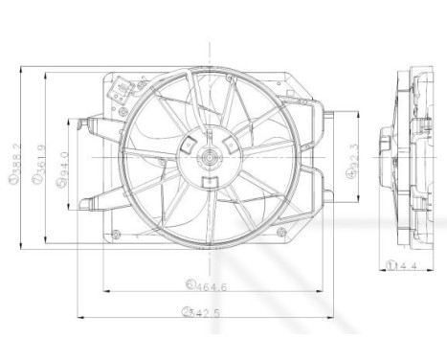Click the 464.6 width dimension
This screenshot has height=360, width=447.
201,284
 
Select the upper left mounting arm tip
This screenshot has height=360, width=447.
88,122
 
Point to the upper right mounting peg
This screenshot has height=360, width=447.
324,117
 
